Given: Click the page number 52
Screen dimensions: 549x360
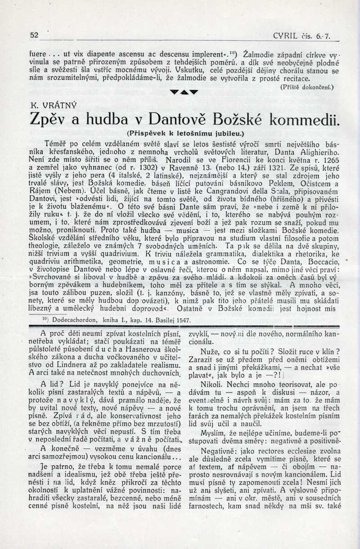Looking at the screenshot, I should click(34, 35).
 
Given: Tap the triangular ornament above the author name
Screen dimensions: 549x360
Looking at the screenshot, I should click(184, 92).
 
